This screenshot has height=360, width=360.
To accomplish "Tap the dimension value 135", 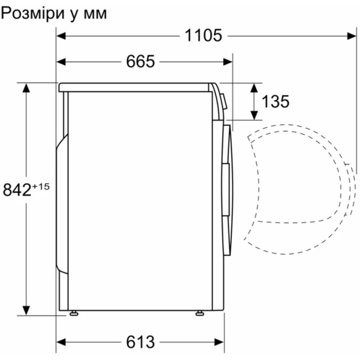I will (275, 102).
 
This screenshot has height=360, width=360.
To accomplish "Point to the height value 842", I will (17, 190).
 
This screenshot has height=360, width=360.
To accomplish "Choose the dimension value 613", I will (140, 342).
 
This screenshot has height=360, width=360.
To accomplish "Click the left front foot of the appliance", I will (73, 313).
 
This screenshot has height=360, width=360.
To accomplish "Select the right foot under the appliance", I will (200, 313).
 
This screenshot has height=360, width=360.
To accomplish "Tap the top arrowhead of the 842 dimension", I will (27, 87).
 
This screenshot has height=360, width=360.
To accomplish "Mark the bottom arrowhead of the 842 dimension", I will (27, 310).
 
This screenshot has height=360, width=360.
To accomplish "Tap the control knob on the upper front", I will (223, 101).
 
